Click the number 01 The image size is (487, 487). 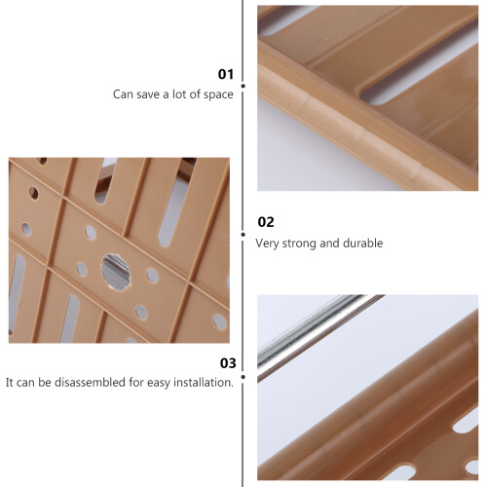point(226,74)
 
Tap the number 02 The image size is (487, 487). point(266,222)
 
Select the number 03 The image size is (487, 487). point(228,363)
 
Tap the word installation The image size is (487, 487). point(204,382)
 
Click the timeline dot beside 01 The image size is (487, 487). point(243,86)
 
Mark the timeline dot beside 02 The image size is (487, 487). point(243,235)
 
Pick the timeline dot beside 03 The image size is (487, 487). point(243,377)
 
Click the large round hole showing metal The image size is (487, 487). point(116,272)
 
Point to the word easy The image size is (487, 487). point(159,383)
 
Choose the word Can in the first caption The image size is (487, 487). point(123,94)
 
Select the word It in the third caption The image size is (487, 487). point(9,382)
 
